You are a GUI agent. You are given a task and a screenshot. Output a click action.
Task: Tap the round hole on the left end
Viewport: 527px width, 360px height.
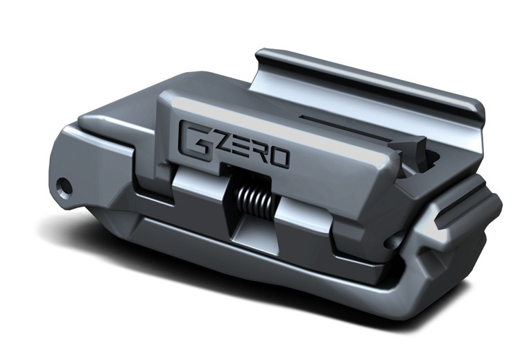[x=64, y=186]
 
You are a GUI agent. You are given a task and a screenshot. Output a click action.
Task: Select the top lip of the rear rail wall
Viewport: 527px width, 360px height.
[x=368, y=76]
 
